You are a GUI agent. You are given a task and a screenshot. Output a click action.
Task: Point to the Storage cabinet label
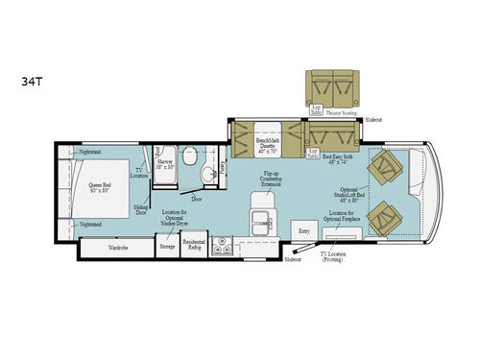(167, 247)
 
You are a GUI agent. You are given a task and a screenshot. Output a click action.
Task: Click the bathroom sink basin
(205, 177)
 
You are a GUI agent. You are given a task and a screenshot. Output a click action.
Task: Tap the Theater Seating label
(341, 111)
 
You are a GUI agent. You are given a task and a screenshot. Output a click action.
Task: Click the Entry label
(305, 231)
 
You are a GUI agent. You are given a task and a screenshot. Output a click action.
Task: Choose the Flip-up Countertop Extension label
(271, 180)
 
